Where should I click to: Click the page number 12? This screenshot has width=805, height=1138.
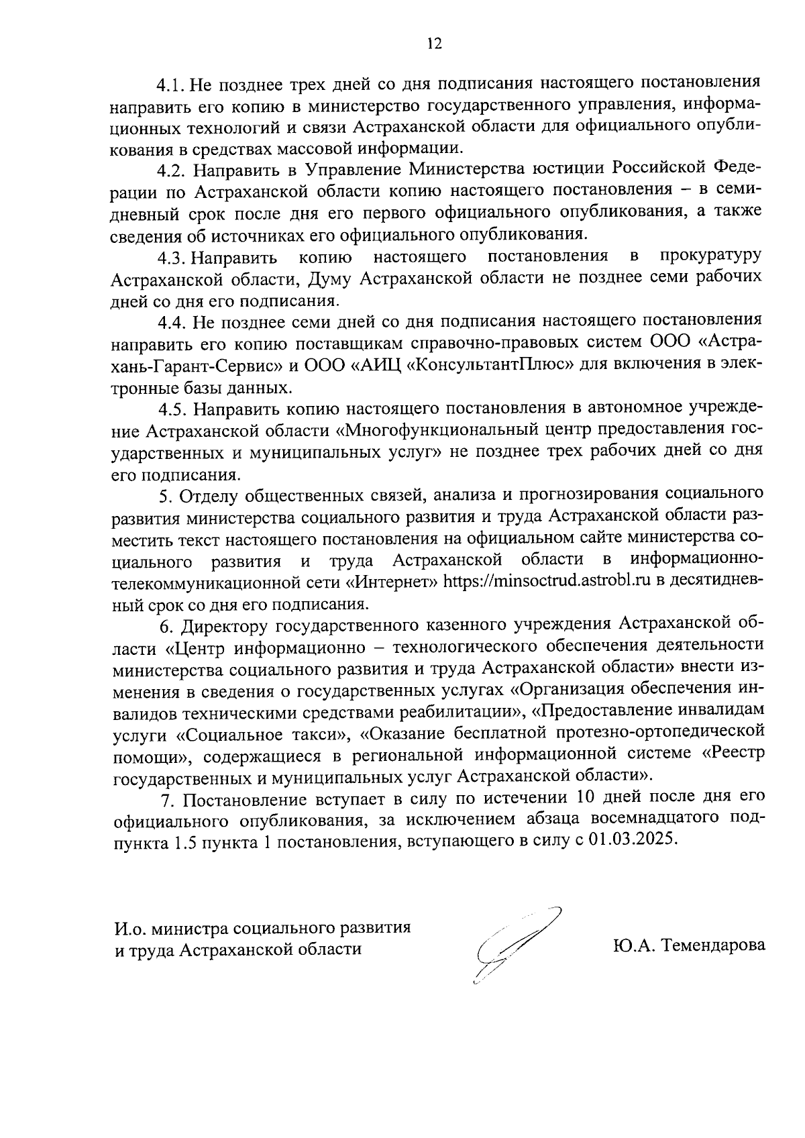pyautogui.click(x=434, y=44)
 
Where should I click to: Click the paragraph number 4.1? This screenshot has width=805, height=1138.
pyautogui.click(x=172, y=85)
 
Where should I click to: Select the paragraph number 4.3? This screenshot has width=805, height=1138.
pyautogui.click(x=172, y=258)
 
